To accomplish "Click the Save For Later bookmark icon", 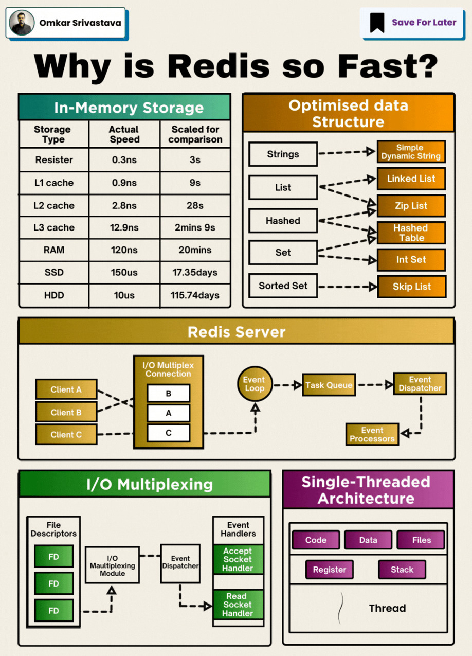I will coord(377,23).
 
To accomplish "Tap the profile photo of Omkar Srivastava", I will coord(22,23).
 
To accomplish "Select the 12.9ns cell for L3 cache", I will coord(124,227).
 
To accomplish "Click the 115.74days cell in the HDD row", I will coord(195,295).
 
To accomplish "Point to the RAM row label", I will coord(54,250).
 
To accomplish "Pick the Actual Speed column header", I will coord(124,134).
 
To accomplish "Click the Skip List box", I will coord(411,287).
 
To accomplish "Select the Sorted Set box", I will coord(283,286).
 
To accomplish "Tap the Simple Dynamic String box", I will coord(411,152).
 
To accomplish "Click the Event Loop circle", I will coord(254,384).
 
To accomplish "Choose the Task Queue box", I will coord(329,385).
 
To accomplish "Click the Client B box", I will coord(66,412).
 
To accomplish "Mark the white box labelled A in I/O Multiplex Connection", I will coord(168,413).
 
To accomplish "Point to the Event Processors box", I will coord(372,434).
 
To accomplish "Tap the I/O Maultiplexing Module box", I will coord(112,565).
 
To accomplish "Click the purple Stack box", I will coord(402,570).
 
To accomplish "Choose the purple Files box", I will coord(421,540).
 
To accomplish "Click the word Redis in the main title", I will coord(219,66).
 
